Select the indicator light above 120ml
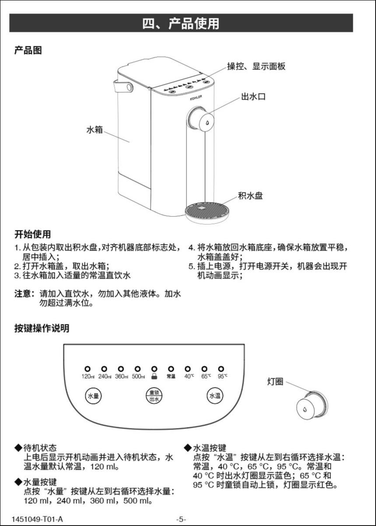click(88, 369)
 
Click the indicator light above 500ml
click(138, 369)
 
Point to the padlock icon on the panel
click(154, 376)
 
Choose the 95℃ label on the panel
click(223, 376)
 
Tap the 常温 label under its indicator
click(171, 376)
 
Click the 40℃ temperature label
click(189, 376)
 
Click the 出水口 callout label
click(253, 97)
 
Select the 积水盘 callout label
click(250, 195)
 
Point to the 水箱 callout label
click(95, 130)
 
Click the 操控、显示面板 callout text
click(256, 66)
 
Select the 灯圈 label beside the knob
click(275, 382)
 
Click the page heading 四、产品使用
click(181, 23)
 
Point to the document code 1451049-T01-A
click(38, 519)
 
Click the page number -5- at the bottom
click(181, 519)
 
